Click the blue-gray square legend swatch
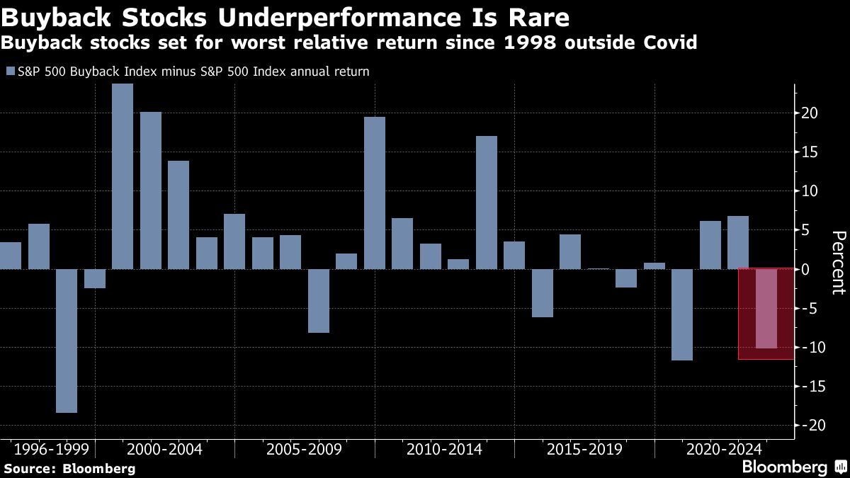point(9,72)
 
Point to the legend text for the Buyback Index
point(192,72)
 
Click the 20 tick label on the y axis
point(810,113)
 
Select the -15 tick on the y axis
point(807,386)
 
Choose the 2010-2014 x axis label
point(444,450)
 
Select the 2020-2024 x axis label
point(723,450)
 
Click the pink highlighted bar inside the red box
point(766,308)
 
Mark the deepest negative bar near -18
point(67,341)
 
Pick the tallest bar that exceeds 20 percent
point(123,176)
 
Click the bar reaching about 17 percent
point(486,203)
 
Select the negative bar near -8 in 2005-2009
point(319,300)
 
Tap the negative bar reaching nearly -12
point(682,314)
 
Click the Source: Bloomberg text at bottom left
point(69,468)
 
